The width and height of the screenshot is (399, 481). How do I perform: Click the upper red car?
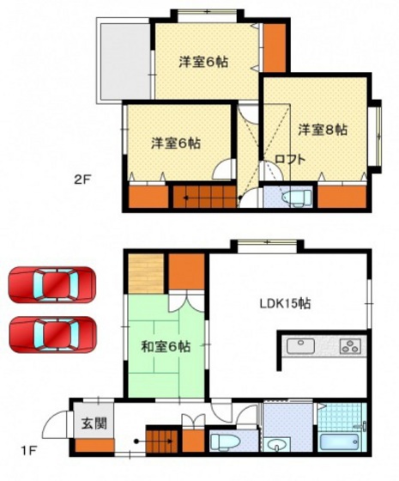(52, 284)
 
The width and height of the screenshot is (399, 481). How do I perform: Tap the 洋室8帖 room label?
(323, 130)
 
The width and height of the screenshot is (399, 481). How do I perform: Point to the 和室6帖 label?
(165, 347)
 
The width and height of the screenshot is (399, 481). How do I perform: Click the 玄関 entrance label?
(92, 423)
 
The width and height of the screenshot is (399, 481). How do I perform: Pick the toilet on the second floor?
(293, 198)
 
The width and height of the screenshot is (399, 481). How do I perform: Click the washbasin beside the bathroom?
(277, 442)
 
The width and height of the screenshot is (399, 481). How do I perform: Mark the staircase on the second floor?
(204, 197)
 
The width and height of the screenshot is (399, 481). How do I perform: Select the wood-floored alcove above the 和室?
(145, 272)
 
